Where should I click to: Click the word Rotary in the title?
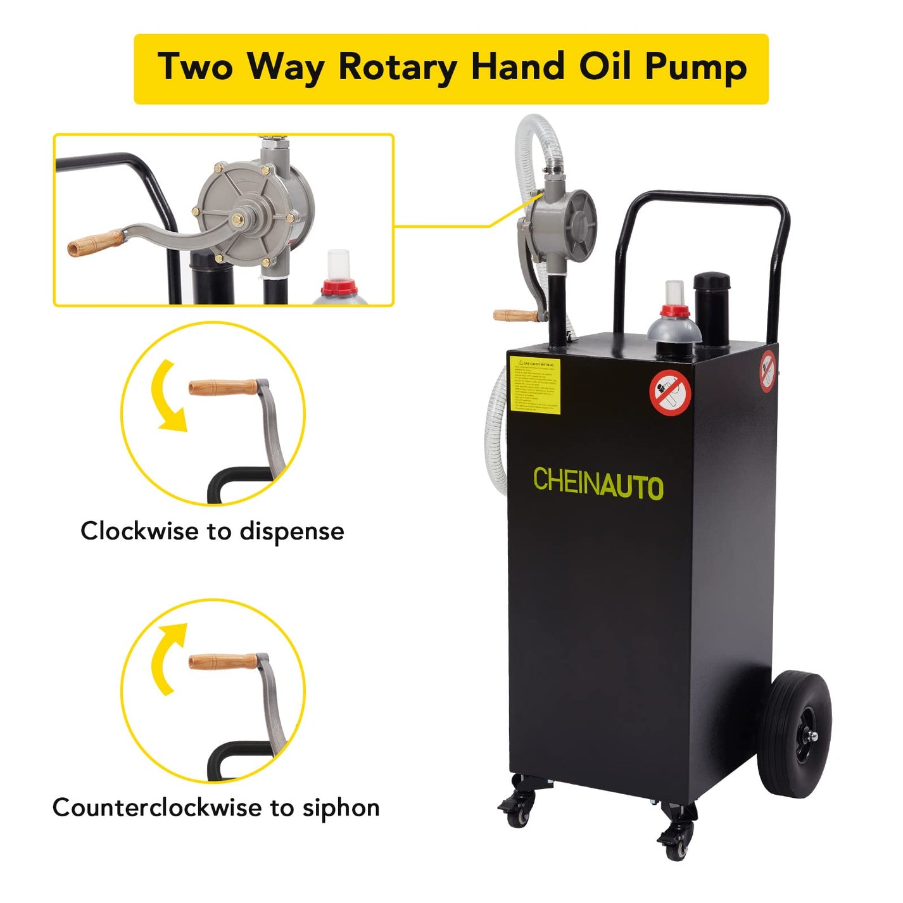coord(398,67)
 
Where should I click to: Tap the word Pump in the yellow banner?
coord(695,67)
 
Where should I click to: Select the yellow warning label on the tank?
coord(534,385)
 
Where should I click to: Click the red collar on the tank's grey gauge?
coord(675,311)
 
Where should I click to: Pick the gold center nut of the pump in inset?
coord(240,220)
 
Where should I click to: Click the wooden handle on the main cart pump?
coord(514,315)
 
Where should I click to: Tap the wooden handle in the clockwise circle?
coord(222,387)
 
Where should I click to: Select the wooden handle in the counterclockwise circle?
coord(222,662)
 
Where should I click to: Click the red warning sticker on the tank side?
coord(767,370)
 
